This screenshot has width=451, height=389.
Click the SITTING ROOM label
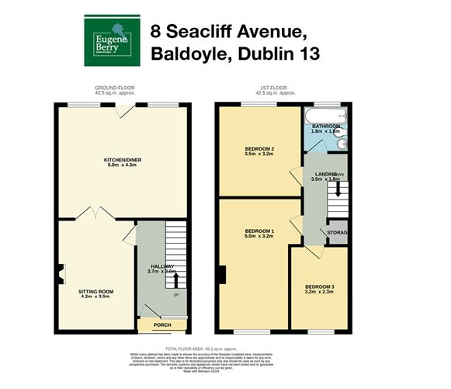(x=95, y=292)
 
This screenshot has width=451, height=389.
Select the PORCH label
(x=162, y=325)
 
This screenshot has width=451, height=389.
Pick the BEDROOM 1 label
(x=259, y=231)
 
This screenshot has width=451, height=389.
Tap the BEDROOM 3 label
(x=319, y=287)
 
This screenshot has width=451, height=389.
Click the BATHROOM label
(x=326, y=126)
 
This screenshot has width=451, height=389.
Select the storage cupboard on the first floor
(x=337, y=232)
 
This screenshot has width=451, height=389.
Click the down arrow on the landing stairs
(x=337, y=188)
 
